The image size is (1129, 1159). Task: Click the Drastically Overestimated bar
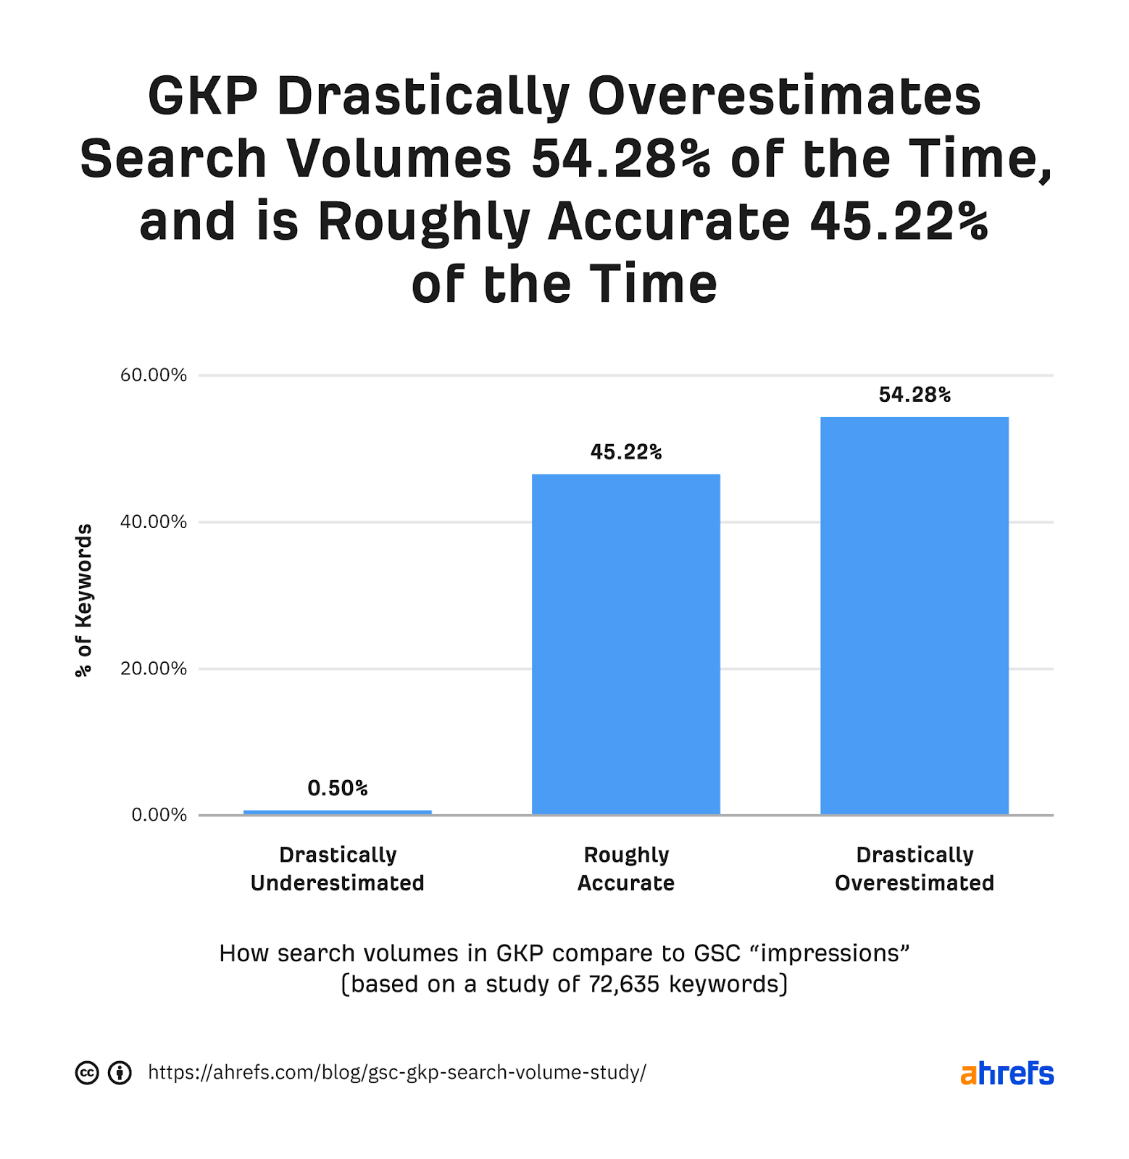[914, 616]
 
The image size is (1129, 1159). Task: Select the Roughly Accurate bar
[626, 645]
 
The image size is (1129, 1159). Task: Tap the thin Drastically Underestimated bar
[338, 812]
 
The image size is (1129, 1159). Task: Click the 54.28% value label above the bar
[915, 395]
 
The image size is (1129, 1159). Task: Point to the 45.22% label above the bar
[626, 452]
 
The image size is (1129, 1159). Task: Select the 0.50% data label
[338, 788]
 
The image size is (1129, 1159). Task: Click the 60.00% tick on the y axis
[154, 375]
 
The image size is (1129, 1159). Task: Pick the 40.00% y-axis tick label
[154, 522]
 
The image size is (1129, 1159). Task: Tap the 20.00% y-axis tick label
[154, 669]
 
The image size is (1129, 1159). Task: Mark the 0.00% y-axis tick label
[159, 815]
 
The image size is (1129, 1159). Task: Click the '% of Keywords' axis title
[84, 600]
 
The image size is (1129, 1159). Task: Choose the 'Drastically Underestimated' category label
[338, 869]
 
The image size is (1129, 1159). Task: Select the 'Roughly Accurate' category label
[626, 869]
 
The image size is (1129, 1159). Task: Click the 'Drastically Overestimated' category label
[915, 869]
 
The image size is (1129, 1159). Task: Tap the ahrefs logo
[1007, 1073]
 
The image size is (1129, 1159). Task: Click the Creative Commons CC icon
[87, 1073]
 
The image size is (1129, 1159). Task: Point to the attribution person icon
[120, 1073]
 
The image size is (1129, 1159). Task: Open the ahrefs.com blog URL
[396, 1073]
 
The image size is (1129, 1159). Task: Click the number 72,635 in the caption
[624, 984]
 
